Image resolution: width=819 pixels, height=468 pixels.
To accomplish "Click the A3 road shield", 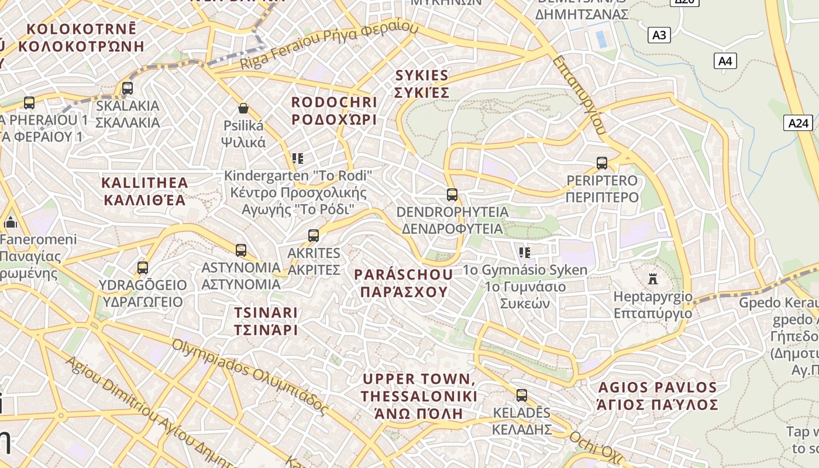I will click(x=659, y=35).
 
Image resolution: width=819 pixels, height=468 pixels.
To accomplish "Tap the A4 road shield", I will click(x=725, y=61).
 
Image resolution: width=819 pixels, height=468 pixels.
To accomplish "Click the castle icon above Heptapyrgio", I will click(x=653, y=279).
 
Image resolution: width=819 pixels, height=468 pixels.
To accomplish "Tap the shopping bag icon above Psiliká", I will click(x=243, y=108).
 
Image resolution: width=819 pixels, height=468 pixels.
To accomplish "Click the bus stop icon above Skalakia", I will click(x=127, y=88).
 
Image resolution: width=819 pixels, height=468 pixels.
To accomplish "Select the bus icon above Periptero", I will click(x=601, y=163).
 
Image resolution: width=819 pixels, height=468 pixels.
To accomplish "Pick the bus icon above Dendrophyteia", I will click(x=452, y=194).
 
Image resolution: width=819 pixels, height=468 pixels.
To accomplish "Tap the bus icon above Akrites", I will click(x=314, y=236).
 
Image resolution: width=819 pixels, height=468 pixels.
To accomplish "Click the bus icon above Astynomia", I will click(x=240, y=250).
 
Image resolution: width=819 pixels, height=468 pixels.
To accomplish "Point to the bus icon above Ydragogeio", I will click(x=142, y=268).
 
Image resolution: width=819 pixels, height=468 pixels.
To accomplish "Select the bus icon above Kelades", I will click(x=521, y=395).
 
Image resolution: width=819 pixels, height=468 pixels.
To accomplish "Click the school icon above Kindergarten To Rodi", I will click(x=298, y=158).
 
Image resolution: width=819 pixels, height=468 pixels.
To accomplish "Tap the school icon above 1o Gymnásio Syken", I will click(x=525, y=253).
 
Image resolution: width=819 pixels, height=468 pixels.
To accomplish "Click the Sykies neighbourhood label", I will click(x=422, y=84).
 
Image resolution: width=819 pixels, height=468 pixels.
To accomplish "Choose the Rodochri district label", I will click(x=334, y=111).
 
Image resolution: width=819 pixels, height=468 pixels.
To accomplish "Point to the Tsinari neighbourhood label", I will click(x=266, y=321).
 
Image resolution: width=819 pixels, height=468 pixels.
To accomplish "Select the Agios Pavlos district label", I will click(x=657, y=395).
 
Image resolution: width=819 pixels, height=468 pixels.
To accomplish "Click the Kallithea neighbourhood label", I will click(x=144, y=191).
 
